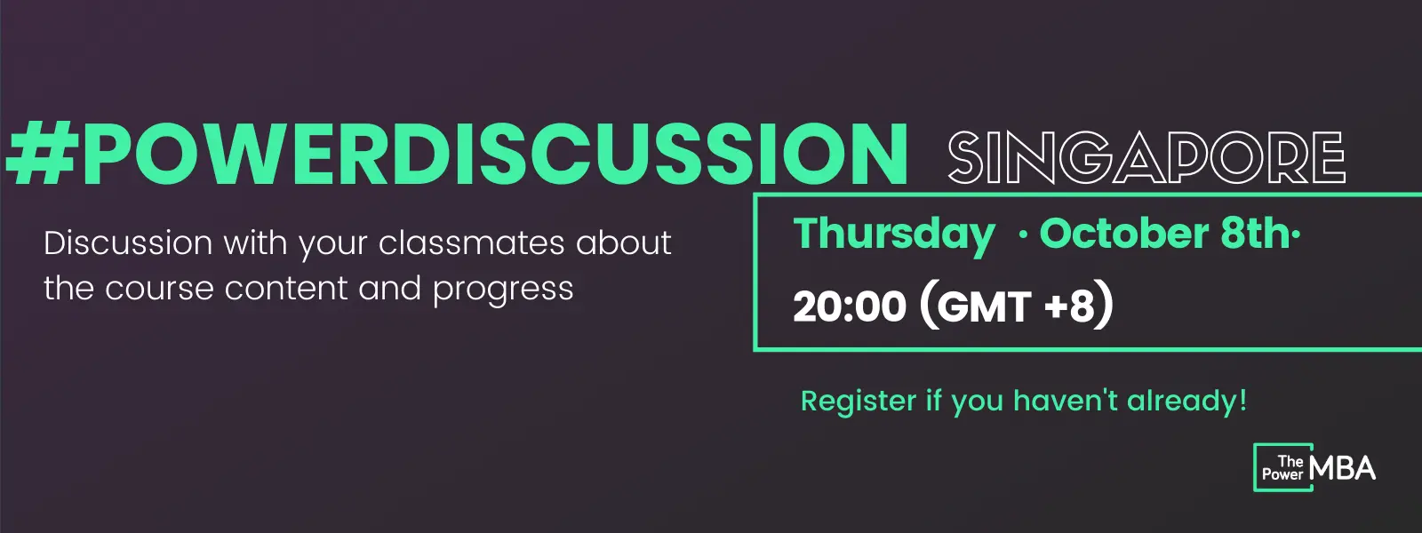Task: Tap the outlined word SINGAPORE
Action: tap(1146, 156)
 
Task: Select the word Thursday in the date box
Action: tap(894, 235)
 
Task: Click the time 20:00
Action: tap(850, 306)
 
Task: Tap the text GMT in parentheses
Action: tap(983, 307)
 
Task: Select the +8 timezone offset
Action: tap(1070, 306)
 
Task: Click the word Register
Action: tap(859, 402)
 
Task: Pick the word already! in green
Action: tap(1186, 401)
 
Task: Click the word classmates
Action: tap(471, 243)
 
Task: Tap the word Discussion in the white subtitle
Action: tap(128, 243)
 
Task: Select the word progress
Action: tap(503, 290)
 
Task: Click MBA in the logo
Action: tap(1341, 468)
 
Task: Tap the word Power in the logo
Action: tap(1282, 474)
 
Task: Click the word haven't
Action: tap(1066, 401)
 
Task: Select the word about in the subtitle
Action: tap(623, 243)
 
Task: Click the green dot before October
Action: tap(1023, 236)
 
